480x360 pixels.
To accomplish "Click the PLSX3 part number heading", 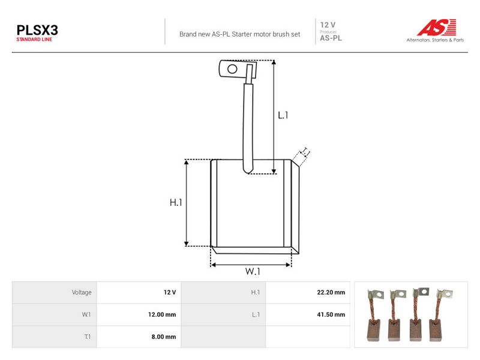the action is click(x=37, y=31).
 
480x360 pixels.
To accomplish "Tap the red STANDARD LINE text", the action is click(x=34, y=40).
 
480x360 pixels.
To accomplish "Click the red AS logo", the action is click(x=437, y=27).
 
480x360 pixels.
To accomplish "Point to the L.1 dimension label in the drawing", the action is click(x=283, y=115).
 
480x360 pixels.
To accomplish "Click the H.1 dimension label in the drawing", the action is click(x=176, y=202).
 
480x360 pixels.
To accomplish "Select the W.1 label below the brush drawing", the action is click(x=253, y=271).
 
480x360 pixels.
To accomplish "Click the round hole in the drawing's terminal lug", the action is click(x=232, y=69).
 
